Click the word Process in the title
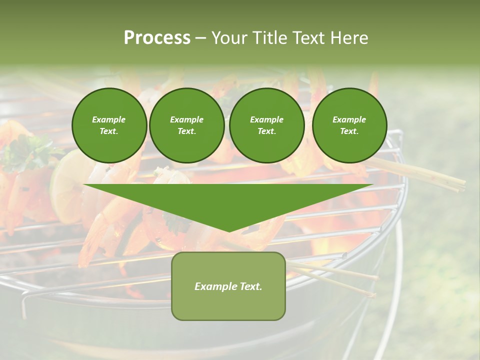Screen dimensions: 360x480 coord(157,38)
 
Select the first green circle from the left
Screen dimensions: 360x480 coord(109,125)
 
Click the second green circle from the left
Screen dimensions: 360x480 coord(186,125)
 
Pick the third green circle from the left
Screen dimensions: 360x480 coord(266,125)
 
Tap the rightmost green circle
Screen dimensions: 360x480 coord(349,125)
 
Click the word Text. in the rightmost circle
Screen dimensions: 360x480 coord(349,131)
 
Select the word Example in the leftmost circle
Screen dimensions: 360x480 coord(109,120)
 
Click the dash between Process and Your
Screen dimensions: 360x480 coord(200,38)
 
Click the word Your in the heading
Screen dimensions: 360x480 coord(229,38)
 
